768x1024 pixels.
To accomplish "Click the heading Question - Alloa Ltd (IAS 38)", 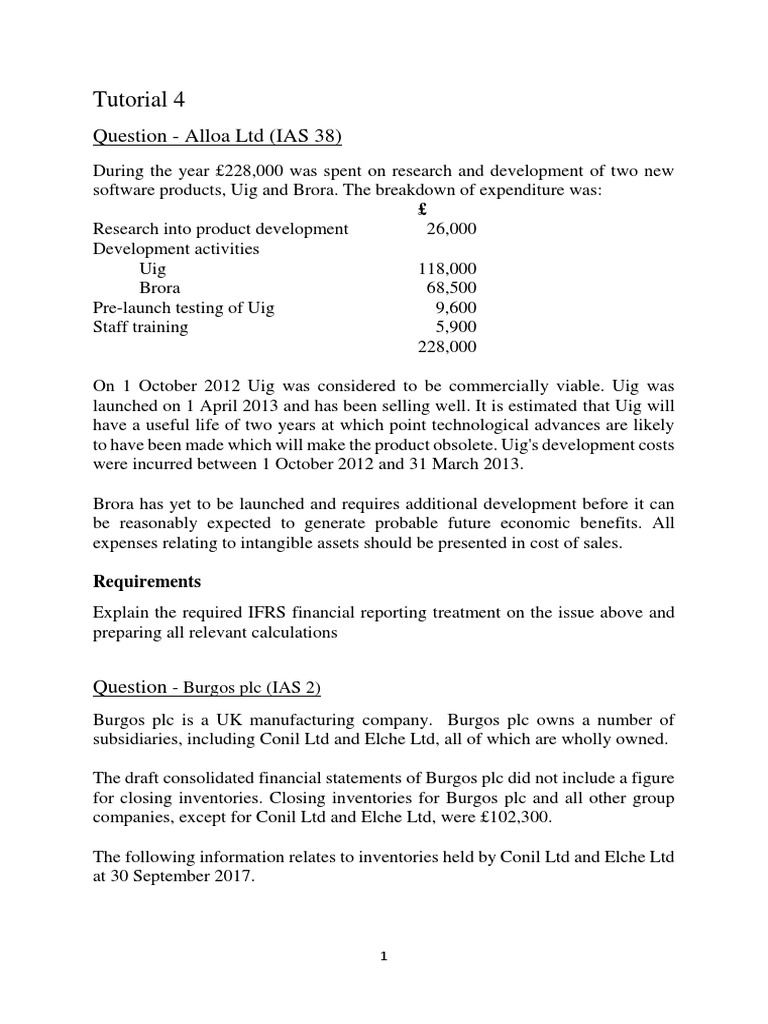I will click(210, 136).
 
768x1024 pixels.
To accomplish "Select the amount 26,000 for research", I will click(450, 228).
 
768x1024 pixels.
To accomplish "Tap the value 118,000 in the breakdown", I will click(446, 268).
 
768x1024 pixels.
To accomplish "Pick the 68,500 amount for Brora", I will click(450, 288).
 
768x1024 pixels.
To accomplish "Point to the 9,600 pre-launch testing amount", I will click(455, 308).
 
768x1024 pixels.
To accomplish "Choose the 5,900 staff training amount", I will click(455, 327).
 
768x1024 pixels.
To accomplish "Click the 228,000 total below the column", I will click(446, 347).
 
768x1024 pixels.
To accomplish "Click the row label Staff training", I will click(140, 327).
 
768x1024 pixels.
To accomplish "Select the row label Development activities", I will click(175, 248).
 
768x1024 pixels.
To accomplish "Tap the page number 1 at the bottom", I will click(384, 956).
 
